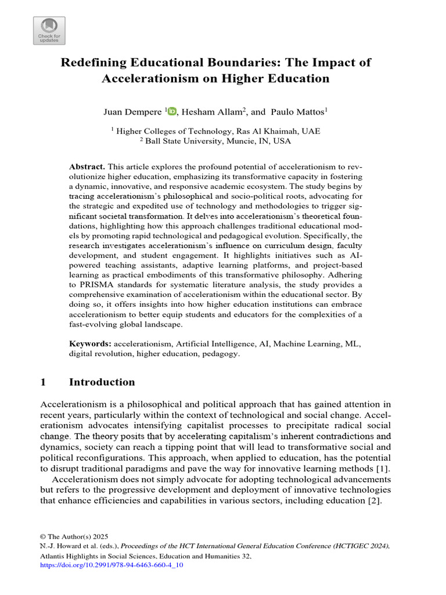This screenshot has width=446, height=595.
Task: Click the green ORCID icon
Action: coord(172,112)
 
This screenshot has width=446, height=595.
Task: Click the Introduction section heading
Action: coord(102,382)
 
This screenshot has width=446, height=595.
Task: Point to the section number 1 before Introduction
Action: coord(43,382)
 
